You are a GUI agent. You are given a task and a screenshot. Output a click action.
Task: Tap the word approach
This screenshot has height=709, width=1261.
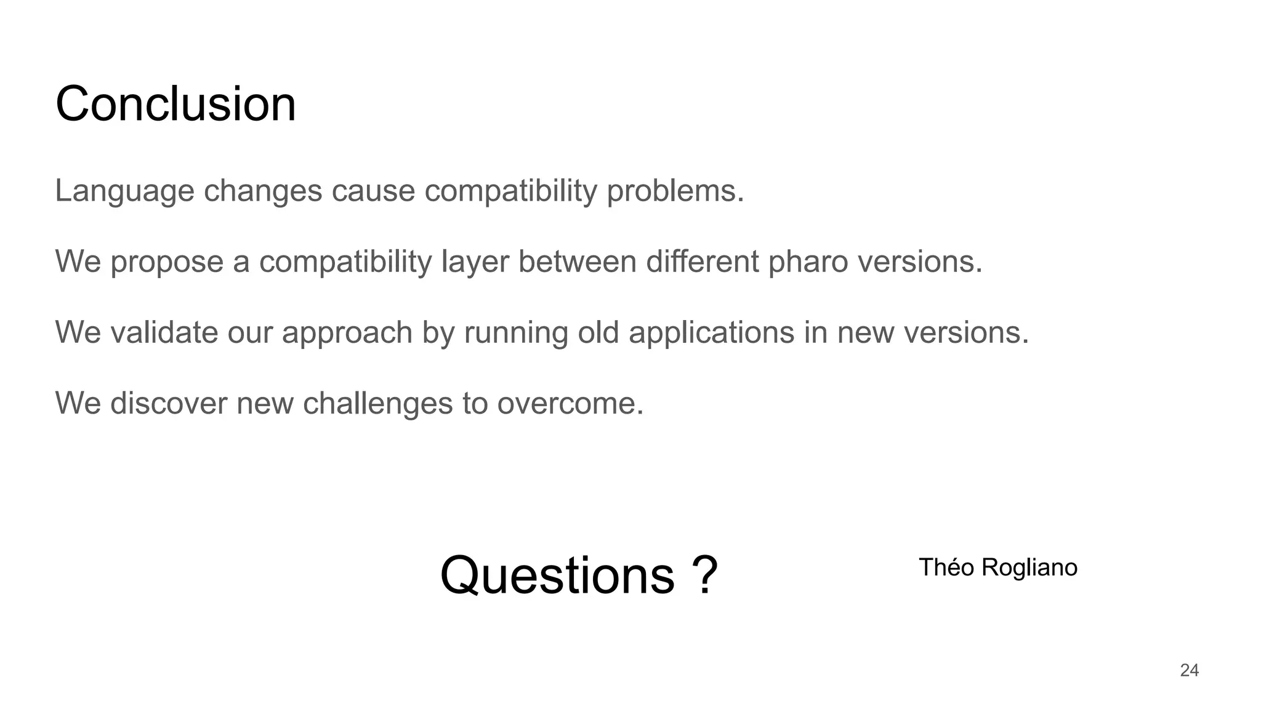347,333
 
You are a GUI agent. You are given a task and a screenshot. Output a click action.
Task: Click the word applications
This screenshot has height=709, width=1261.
711,333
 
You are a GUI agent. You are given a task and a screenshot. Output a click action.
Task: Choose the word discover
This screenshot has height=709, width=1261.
169,403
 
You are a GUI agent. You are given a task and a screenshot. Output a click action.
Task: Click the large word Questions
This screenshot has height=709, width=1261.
557,575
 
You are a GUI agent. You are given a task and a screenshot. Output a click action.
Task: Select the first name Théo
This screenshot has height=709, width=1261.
946,567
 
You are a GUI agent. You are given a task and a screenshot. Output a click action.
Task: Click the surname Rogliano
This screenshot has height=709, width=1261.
1029,567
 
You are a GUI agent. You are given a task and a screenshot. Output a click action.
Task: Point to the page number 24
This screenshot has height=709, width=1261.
1189,670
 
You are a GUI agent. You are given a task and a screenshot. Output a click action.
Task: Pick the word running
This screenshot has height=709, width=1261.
516,333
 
